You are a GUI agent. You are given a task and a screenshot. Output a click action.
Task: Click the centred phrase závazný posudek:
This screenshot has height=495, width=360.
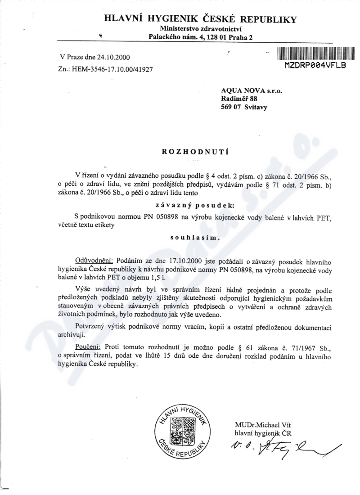[x=195, y=204]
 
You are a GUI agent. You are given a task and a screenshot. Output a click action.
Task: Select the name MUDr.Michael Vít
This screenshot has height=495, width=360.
[x=263, y=425]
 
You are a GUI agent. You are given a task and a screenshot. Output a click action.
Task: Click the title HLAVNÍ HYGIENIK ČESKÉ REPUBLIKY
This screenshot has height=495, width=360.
[x=200, y=19]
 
